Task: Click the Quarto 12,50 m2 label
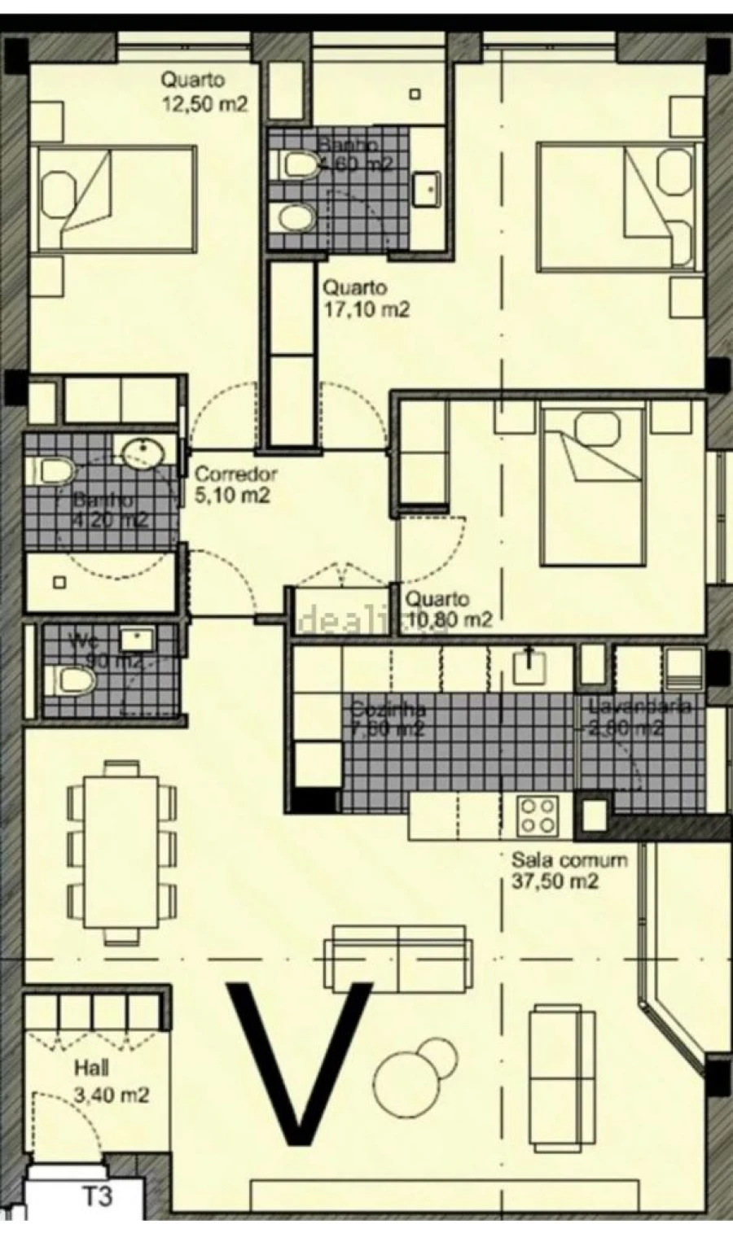point(204,92)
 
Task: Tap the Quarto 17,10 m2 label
point(365,299)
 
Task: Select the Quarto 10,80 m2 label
point(449,610)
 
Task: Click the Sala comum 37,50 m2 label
point(568,870)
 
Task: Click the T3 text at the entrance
point(97,1198)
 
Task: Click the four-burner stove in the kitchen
point(538,815)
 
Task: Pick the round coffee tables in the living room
point(415,1069)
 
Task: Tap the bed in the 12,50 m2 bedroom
point(114,199)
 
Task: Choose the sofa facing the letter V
point(398,956)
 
